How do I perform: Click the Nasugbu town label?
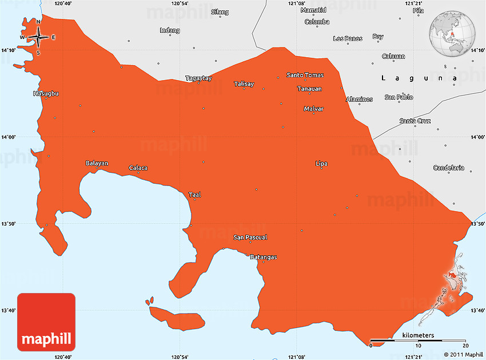(x=46, y=93)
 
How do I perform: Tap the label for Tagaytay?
(x=198, y=78)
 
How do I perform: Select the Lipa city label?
(x=321, y=164)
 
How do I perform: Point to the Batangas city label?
(x=263, y=257)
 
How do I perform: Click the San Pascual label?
(x=250, y=237)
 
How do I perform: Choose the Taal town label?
(x=194, y=195)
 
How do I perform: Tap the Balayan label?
(x=97, y=163)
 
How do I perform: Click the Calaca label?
(x=138, y=168)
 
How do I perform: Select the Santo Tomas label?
(x=305, y=75)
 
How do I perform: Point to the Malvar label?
(x=313, y=109)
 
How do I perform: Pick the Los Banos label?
(x=348, y=39)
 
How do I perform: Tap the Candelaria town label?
(x=449, y=168)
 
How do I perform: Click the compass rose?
(x=38, y=38)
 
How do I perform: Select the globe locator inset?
(x=453, y=31)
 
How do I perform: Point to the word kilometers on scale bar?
(x=418, y=335)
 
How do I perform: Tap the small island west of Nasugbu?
(x=18, y=67)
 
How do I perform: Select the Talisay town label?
(x=244, y=84)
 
